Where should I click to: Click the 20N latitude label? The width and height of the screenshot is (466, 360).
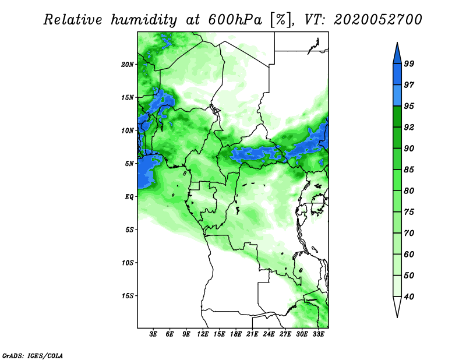(x=128, y=65)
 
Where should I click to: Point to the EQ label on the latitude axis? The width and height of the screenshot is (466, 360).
(x=129, y=197)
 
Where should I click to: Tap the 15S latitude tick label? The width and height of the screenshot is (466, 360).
(x=128, y=296)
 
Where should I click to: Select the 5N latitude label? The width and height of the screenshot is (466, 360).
(x=129, y=164)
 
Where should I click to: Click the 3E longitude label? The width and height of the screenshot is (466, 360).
(x=153, y=334)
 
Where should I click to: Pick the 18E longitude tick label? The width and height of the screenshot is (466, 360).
(x=236, y=334)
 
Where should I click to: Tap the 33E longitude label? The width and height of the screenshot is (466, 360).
(x=318, y=334)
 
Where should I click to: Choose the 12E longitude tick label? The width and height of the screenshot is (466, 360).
(x=203, y=334)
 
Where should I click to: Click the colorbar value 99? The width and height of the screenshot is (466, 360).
(x=409, y=63)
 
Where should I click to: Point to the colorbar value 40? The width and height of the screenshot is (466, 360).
(x=409, y=297)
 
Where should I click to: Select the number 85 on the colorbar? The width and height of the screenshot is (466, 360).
(x=409, y=170)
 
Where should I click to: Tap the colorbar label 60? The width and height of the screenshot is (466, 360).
(x=409, y=254)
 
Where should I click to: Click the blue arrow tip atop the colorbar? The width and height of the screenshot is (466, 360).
(x=397, y=43)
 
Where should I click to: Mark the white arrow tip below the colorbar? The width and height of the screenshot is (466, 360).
(x=397, y=317)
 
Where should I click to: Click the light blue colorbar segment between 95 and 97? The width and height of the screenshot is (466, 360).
(x=397, y=96)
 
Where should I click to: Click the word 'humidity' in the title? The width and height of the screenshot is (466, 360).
(x=144, y=20)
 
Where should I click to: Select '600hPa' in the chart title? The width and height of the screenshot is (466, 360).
(x=235, y=20)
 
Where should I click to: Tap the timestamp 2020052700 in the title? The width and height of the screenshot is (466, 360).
(x=377, y=20)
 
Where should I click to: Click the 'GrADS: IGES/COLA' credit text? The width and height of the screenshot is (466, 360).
(x=33, y=355)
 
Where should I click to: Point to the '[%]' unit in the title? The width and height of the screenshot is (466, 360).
(x=281, y=20)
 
